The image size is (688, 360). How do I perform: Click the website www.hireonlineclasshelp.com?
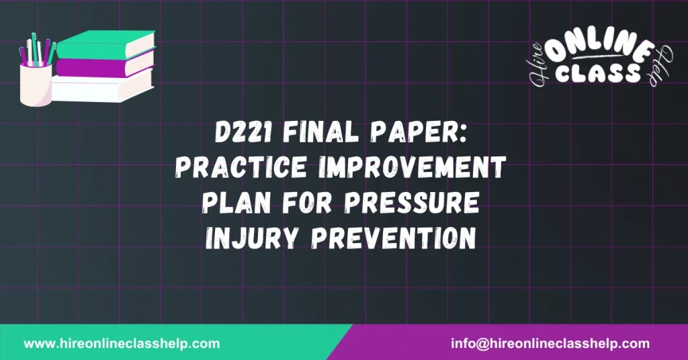click(x=122, y=343)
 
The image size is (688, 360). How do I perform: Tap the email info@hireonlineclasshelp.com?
click(x=550, y=343)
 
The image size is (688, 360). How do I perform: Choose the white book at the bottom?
click(x=101, y=87)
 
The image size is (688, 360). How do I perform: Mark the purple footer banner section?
click(x=524, y=343)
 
